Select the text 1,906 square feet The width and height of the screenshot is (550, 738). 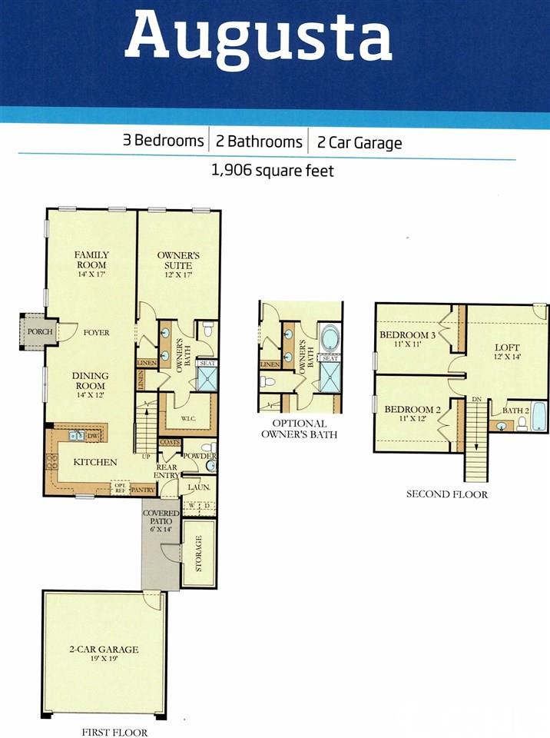tap(273, 171)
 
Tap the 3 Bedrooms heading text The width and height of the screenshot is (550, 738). tap(164, 141)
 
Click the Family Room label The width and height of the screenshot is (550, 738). tap(91, 260)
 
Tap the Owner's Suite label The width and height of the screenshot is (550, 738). tap(174, 260)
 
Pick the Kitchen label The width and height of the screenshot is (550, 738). tap(94, 462)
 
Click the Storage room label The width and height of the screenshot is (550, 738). tap(198, 553)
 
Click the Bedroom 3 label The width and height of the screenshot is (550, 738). tap(407, 339)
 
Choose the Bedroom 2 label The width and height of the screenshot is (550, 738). tap(412, 414)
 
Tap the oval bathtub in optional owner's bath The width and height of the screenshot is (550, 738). tap(330, 338)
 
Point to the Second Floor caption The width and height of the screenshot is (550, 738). tap(446, 494)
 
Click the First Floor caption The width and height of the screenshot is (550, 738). tap(114, 733)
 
